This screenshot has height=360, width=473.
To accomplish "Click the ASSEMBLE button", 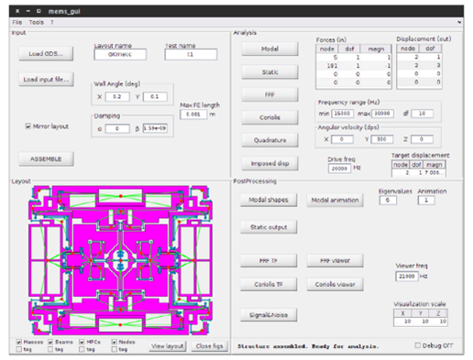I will [45, 158].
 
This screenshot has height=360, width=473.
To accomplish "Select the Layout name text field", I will [115, 54].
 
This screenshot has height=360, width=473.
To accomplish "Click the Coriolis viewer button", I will [335, 284].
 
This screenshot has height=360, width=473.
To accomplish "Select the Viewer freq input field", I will [405, 275].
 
